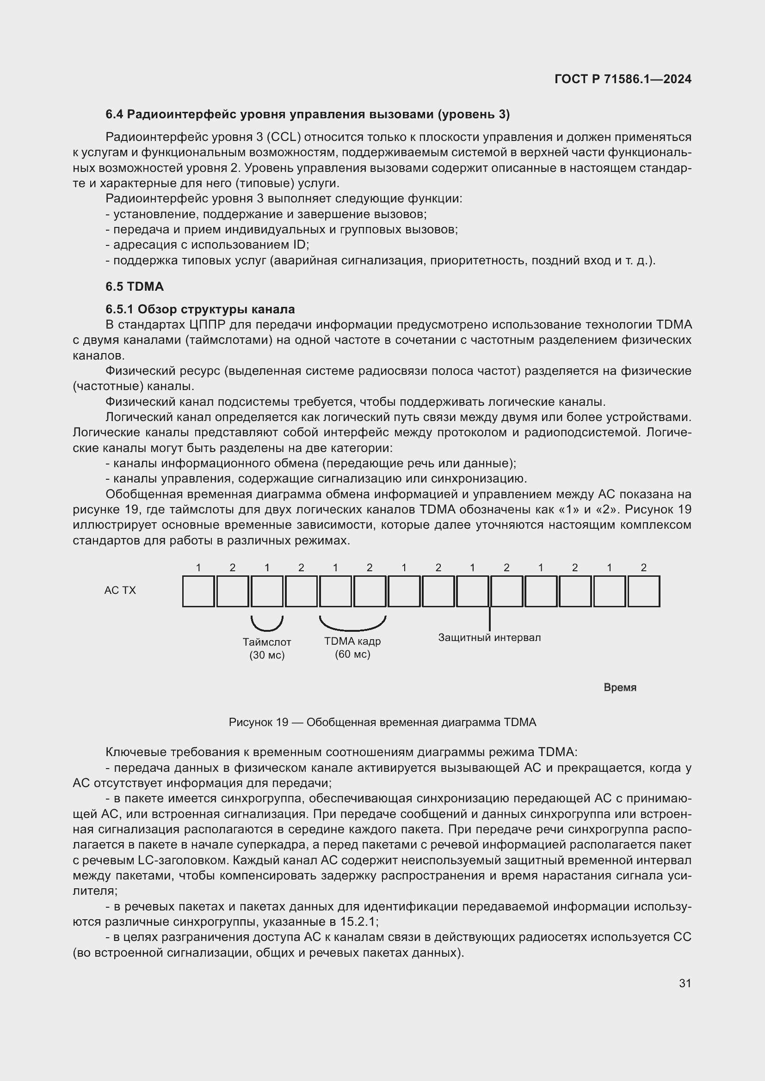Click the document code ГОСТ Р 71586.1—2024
pyautogui.click(x=623, y=79)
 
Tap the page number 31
pyautogui.click(x=685, y=983)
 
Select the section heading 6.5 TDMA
pyautogui.click(x=134, y=286)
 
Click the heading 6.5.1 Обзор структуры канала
pyautogui.click(x=200, y=309)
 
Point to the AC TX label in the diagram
pyautogui.click(x=120, y=590)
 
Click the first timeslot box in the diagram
pyautogui.click(x=198, y=592)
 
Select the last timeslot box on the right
pyautogui.click(x=643, y=592)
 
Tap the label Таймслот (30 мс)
pyautogui.click(x=267, y=648)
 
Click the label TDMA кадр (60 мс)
pyautogui.click(x=352, y=647)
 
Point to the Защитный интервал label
pyautogui.click(x=489, y=637)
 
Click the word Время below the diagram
pyautogui.click(x=620, y=687)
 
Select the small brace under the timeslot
pyautogui.click(x=267, y=624)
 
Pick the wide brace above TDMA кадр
pyautogui.click(x=352, y=625)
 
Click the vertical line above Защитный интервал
pyautogui.click(x=490, y=619)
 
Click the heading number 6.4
pyautogui.click(x=114, y=115)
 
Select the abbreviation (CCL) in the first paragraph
pyautogui.click(x=284, y=137)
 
